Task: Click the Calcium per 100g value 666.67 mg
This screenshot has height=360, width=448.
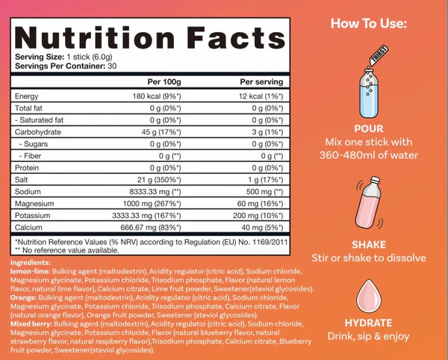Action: (162, 226)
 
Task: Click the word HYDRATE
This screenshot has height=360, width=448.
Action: (368, 323)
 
